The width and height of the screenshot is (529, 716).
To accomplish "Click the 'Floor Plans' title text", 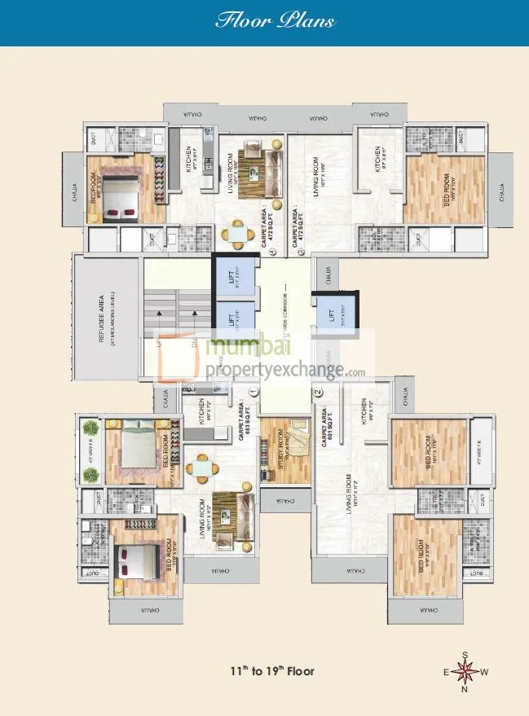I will click(275, 20).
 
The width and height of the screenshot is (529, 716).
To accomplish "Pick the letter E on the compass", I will click(446, 673).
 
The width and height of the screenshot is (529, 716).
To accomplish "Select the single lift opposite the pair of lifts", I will click(330, 313).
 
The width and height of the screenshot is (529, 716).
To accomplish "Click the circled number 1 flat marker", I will click(253, 391).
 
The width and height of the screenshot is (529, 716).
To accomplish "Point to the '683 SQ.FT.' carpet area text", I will click(242, 424).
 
